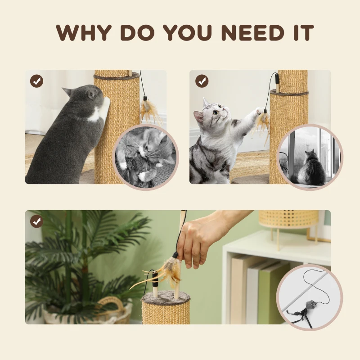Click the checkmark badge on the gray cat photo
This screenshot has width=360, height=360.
(x=36, y=81)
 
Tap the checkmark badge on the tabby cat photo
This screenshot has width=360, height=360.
(x=202, y=81)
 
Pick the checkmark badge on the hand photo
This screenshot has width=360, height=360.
(x=36, y=221)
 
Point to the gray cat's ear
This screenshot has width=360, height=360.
(x=67, y=92)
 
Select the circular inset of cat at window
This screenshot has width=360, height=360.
(x=310, y=157)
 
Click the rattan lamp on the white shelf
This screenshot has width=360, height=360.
(x=288, y=219)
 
